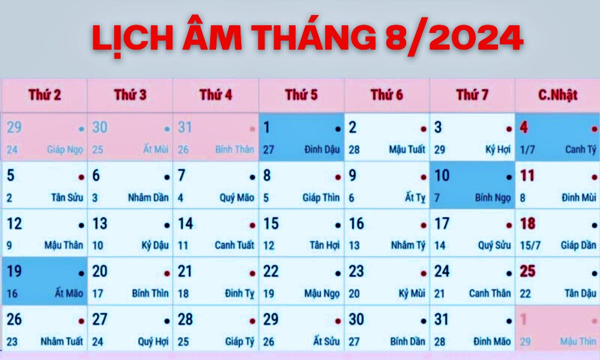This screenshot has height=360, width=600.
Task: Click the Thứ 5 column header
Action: pyautogui.click(x=302, y=95)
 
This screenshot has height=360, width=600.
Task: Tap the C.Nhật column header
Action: pyautogui.click(x=557, y=95)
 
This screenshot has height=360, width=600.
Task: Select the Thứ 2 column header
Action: pyautogui.click(x=45, y=95)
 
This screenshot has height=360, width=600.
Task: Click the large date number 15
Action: pyautogui.click(x=271, y=224)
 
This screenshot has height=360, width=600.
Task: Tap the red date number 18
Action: pyautogui.click(x=527, y=224)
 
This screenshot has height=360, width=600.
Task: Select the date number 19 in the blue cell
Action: pyautogui.click(x=14, y=272)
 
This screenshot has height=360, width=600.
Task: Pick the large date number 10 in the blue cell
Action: pyautogui.click(x=442, y=176)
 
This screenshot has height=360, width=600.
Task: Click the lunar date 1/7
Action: pyautogui.click(x=527, y=149)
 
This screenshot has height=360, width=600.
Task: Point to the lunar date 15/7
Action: pyautogui.click(x=530, y=245)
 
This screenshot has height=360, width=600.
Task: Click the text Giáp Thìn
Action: pyautogui.click(x=321, y=197)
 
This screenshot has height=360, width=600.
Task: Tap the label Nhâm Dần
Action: pyautogui.click(x=148, y=197)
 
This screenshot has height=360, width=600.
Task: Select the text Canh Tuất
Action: pyautogui.click(x=234, y=245)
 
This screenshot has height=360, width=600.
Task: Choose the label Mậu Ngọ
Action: pyautogui.click(x=322, y=293)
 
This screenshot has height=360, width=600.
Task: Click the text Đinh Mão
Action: pyautogui.click(x=492, y=341)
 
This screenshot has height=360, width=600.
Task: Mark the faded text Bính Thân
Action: pyautogui.click(x=235, y=149)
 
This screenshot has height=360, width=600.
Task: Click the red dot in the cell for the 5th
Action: pyautogui.click(x=81, y=178)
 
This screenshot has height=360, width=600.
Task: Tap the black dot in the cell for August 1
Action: pyautogui.click(x=338, y=130)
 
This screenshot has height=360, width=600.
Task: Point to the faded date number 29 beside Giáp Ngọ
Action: pyautogui.click(x=14, y=127)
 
